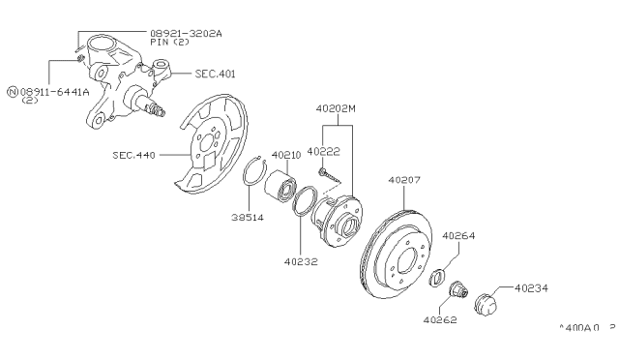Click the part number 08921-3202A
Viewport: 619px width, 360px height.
pyautogui.click(x=185, y=33)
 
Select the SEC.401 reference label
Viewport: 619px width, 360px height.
pyautogui.click(x=215, y=74)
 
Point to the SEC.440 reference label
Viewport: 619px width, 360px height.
pyautogui.click(x=133, y=154)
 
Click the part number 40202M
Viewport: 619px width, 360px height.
pyautogui.click(x=337, y=108)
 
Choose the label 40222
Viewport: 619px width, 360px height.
pyautogui.click(x=323, y=152)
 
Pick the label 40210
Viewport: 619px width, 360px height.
pyautogui.click(x=286, y=154)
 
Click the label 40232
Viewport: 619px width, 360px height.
pyautogui.click(x=302, y=259)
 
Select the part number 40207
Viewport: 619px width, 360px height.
pyautogui.click(x=407, y=179)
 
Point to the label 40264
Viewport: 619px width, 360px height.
pyautogui.click(x=461, y=234)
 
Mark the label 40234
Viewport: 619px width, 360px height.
pyautogui.click(x=533, y=287)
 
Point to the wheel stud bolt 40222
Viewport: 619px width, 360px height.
pyautogui.click(x=332, y=175)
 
